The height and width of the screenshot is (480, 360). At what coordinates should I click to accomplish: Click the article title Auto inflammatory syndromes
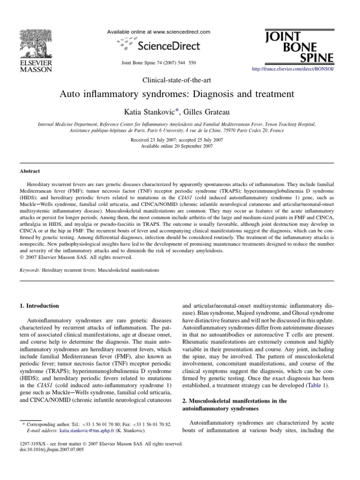coord(177,94)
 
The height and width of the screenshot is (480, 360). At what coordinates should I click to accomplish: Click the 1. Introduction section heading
coord(39,306)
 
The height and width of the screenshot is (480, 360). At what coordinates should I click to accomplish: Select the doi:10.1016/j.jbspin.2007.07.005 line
coord(52,449)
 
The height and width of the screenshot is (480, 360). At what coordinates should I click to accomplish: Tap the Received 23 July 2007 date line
coord(177,140)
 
